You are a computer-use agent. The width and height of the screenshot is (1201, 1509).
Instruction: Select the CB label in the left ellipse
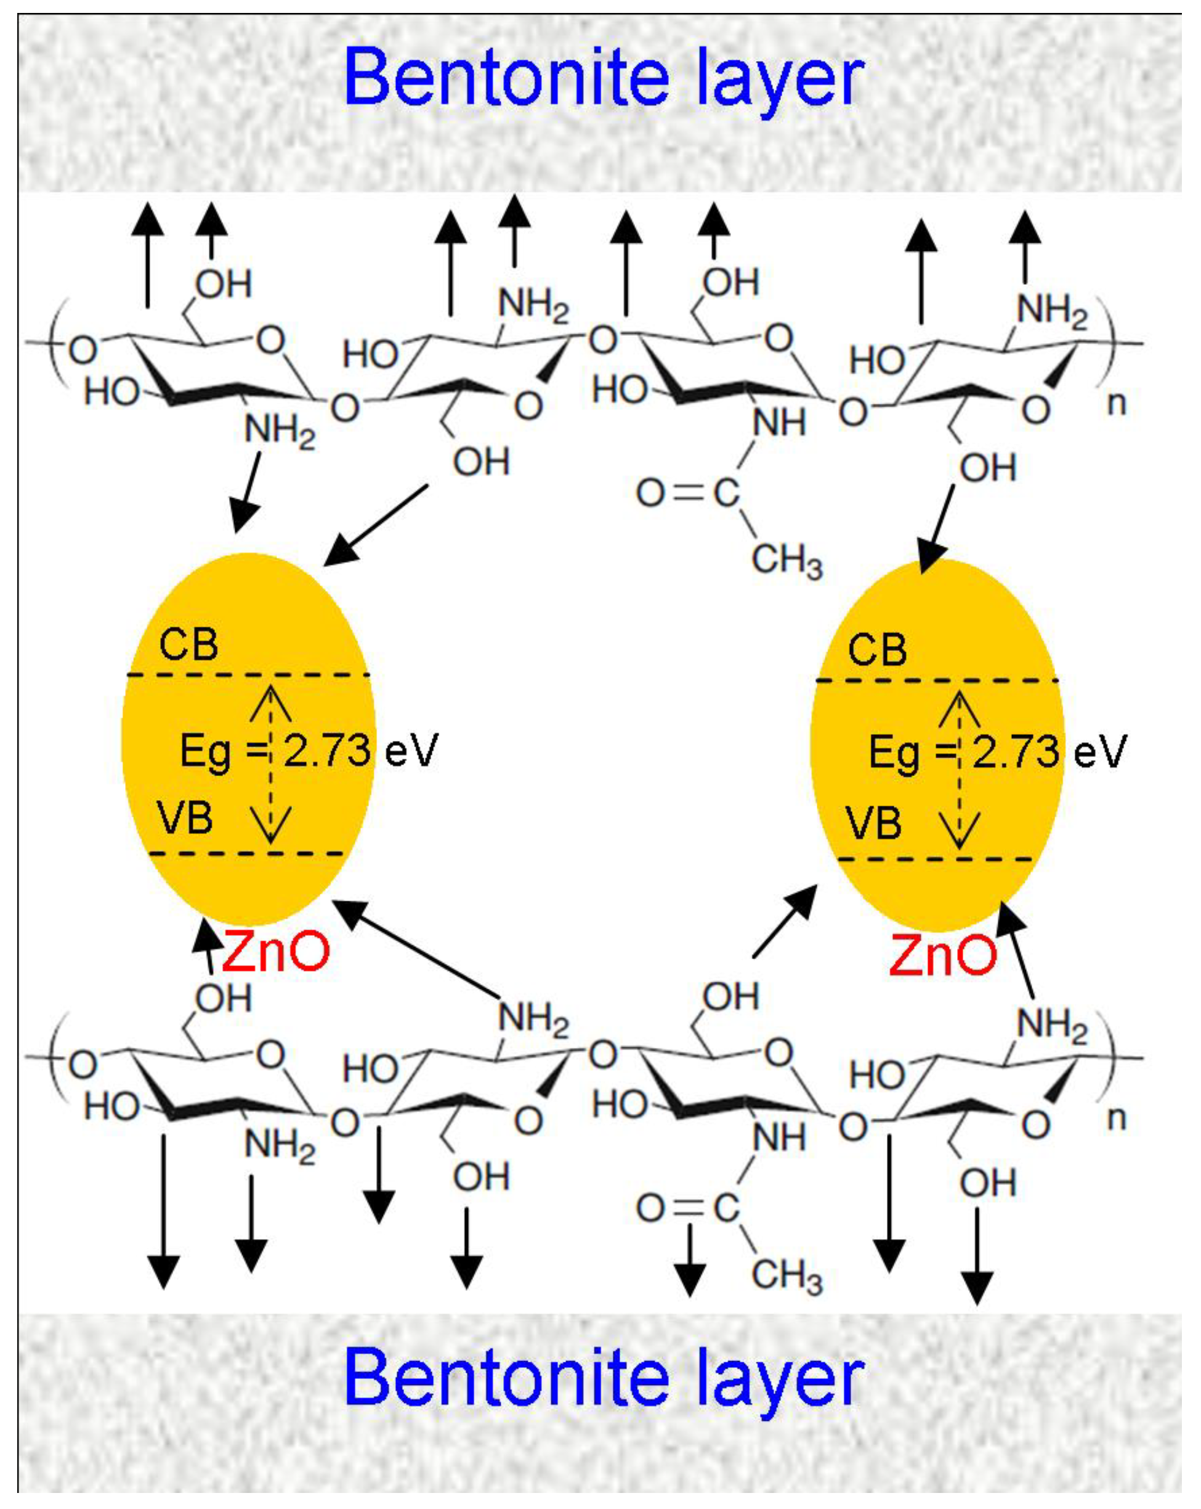coord(188,644)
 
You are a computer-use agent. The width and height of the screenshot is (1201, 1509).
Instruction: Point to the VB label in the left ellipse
coord(185,817)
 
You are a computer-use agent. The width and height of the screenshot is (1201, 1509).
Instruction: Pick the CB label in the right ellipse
coord(877,650)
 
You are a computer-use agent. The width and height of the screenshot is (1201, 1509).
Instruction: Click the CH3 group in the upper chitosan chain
coord(787,560)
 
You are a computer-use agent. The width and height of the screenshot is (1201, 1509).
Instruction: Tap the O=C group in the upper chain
coord(687,493)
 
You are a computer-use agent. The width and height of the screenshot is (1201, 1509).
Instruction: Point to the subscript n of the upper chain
coord(1117,404)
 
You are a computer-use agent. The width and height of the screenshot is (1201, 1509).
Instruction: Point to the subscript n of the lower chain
coord(1117,1118)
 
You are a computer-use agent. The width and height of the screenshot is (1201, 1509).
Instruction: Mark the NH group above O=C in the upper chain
coord(779,423)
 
